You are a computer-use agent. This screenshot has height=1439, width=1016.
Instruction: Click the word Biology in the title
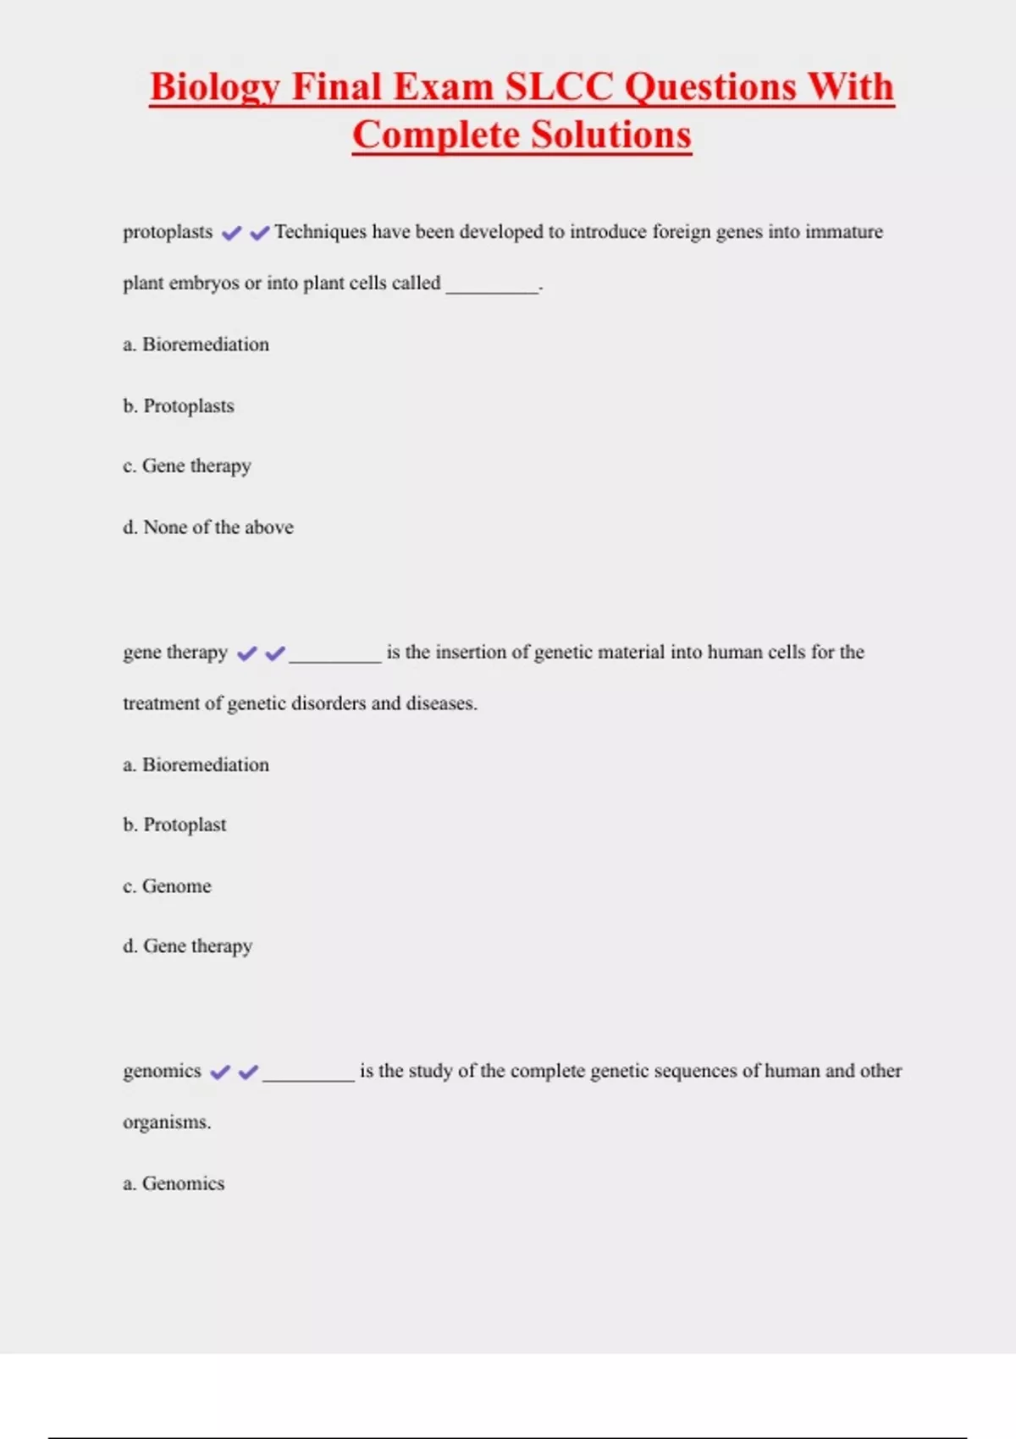(x=214, y=87)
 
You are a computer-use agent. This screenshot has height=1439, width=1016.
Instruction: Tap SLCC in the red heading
(x=559, y=87)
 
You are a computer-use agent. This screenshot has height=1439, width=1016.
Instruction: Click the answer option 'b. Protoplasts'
(x=179, y=406)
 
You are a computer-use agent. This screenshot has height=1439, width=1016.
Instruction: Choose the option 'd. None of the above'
(x=208, y=527)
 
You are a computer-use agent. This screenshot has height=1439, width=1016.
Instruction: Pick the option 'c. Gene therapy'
(x=187, y=466)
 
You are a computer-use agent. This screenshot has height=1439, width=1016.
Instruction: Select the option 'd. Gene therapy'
(x=188, y=946)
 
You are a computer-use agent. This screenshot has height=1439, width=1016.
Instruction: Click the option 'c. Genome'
(x=168, y=886)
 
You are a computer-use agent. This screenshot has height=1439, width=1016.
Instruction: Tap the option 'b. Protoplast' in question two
(x=174, y=825)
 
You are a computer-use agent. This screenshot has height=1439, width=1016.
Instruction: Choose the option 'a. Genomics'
(x=174, y=1183)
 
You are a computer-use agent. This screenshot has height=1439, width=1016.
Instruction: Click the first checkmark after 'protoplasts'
(x=231, y=233)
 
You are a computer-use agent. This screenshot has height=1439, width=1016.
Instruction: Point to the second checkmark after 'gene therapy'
(x=275, y=653)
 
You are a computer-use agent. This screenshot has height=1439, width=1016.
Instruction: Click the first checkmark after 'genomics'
(x=220, y=1072)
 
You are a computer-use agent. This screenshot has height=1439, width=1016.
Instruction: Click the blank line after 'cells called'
(x=492, y=288)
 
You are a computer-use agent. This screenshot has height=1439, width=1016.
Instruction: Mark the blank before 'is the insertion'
(x=335, y=658)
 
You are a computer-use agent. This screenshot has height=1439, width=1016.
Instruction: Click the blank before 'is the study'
(x=308, y=1077)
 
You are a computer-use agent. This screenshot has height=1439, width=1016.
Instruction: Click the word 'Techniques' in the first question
(x=320, y=232)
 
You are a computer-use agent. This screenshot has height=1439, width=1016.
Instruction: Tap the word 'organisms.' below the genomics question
(x=167, y=1122)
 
